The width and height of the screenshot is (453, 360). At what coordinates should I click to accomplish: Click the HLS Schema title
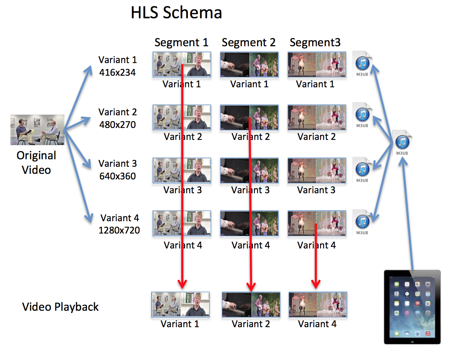click(176, 13)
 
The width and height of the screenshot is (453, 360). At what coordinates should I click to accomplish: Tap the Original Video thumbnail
click(37, 130)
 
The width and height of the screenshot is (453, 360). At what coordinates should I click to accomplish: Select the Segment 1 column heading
click(181, 42)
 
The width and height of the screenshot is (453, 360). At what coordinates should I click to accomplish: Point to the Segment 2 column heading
click(248, 42)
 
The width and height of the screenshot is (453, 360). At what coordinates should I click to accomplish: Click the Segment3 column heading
click(315, 42)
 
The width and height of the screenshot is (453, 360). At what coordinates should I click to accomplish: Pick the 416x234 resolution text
click(117, 72)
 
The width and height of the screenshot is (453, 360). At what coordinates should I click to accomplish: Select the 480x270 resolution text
click(117, 125)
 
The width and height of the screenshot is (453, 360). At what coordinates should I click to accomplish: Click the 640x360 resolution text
click(117, 176)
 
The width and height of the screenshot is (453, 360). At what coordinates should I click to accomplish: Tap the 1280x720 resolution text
click(119, 230)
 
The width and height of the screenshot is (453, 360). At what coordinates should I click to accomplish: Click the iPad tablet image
click(412, 307)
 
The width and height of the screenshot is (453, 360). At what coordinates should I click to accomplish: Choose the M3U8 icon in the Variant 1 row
click(362, 64)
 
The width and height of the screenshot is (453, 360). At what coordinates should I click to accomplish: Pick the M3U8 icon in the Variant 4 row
click(362, 223)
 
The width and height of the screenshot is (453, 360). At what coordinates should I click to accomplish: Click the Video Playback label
click(60, 307)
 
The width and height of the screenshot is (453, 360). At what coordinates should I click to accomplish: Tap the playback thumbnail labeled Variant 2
click(251, 304)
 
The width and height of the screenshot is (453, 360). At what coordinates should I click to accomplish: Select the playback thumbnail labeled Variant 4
click(317, 304)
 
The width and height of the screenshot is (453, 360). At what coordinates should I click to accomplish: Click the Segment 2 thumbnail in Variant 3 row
click(249, 170)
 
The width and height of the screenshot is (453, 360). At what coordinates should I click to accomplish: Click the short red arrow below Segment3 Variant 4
click(316, 257)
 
